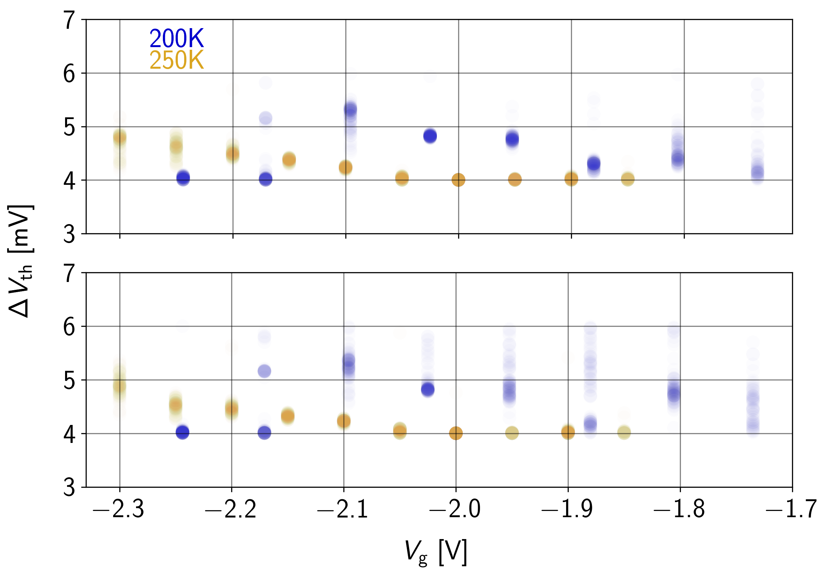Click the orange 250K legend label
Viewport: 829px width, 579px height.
(176, 60)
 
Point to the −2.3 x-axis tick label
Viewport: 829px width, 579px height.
(118, 509)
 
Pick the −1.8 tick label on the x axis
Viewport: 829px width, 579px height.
(679, 509)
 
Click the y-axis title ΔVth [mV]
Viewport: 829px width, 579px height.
(21, 261)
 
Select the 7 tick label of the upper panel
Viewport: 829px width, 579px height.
(69, 20)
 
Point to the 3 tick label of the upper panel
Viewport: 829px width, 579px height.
(69, 234)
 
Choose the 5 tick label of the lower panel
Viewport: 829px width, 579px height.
(69, 380)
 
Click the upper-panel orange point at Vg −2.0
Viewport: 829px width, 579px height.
(458, 180)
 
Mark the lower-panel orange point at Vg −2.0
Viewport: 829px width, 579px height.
(456, 433)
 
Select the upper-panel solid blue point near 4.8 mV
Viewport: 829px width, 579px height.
(430, 136)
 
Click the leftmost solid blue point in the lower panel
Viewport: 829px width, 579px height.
(182, 432)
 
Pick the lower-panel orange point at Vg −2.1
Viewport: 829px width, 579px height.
(344, 421)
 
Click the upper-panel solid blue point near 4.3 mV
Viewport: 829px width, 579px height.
(594, 164)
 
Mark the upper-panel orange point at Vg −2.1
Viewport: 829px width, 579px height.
(346, 167)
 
